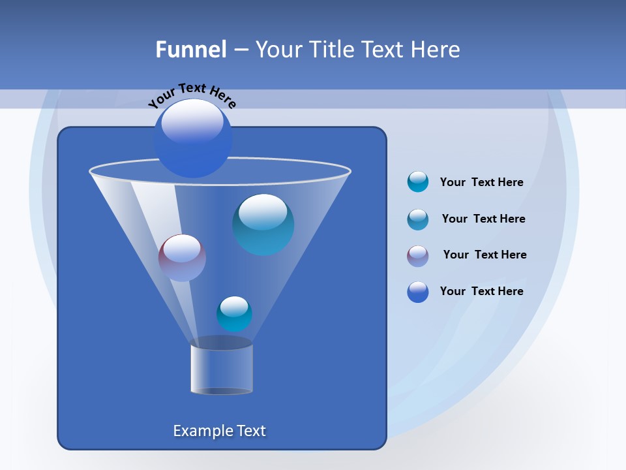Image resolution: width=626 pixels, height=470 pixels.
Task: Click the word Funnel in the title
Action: click(190, 50)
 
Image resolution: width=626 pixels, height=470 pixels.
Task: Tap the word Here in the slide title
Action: click(436, 50)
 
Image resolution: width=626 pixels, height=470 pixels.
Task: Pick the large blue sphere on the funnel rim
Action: click(192, 138)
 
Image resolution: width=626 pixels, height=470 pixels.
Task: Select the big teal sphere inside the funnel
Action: click(263, 224)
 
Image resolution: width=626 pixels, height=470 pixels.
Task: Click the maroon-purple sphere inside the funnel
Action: click(182, 258)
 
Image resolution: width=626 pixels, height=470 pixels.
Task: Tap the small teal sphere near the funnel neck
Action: click(234, 314)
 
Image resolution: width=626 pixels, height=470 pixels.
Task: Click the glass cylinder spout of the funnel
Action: click(221, 368)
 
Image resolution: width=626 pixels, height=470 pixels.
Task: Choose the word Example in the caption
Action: click(203, 431)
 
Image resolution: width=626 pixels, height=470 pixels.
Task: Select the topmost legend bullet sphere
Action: click(418, 181)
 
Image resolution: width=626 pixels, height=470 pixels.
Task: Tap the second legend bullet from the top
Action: click(418, 219)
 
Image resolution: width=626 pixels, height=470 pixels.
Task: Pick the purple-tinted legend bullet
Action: click(418, 255)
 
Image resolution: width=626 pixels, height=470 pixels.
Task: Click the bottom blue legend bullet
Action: click(418, 292)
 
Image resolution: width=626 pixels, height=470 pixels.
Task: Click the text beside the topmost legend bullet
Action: click(481, 182)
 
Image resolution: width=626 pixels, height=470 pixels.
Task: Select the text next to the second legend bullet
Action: click(483, 219)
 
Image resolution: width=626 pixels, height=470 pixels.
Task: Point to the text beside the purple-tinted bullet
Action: click(484, 255)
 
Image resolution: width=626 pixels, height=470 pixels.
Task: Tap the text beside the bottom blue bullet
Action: click(481, 291)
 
